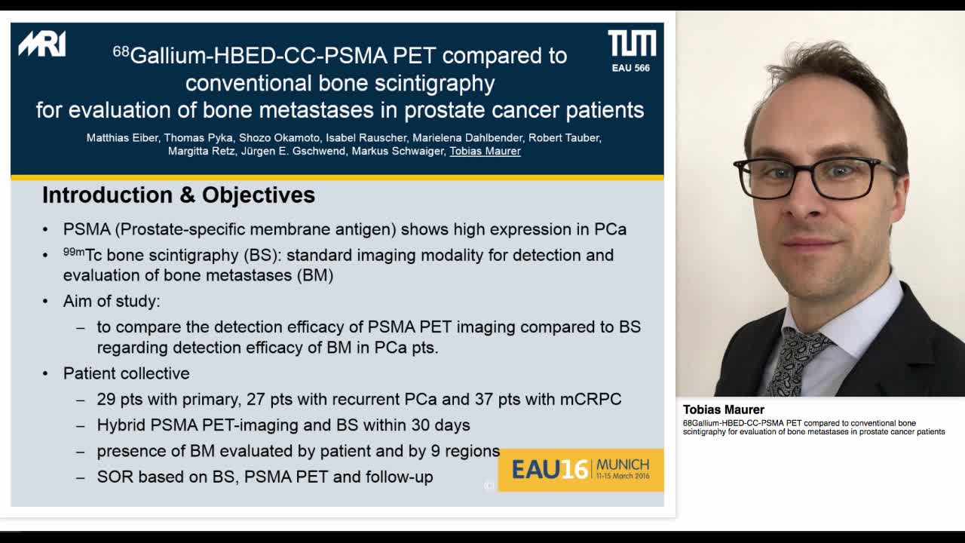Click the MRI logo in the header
pyautogui.click(x=42, y=44)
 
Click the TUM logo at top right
pyautogui.click(x=632, y=44)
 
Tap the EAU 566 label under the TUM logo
pyautogui.click(x=631, y=68)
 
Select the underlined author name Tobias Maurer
pyautogui.click(x=485, y=151)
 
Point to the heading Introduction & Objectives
pyautogui.click(x=179, y=195)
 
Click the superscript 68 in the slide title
pyautogui.click(x=121, y=51)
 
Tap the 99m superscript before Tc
pyautogui.click(x=73, y=252)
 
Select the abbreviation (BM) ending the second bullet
pyautogui.click(x=314, y=275)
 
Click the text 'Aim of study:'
pyautogui.click(x=112, y=301)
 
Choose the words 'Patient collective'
pyautogui.click(x=127, y=373)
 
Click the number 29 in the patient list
pyautogui.click(x=106, y=399)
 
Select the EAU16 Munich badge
pyautogui.click(x=581, y=469)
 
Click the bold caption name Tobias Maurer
pyautogui.click(x=723, y=410)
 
